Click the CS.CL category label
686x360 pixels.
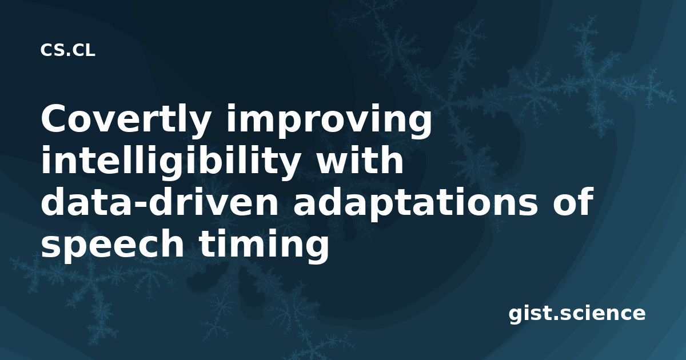tap(67, 50)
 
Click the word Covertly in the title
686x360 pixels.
tap(125, 121)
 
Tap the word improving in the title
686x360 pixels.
tap(329, 121)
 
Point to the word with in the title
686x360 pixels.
tap(360, 160)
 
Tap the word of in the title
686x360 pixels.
tap(572, 201)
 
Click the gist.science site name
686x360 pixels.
tap(577, 314)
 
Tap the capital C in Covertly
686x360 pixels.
tap(55, 118)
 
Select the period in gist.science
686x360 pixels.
tap(556, 318)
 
